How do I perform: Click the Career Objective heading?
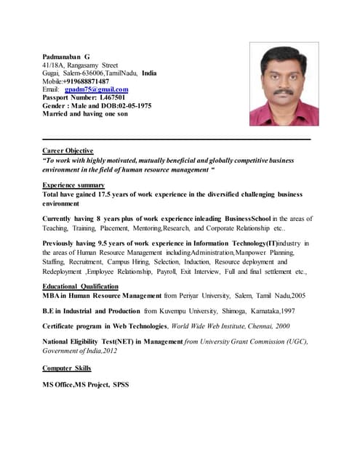pyautogui.click(x=68, y=150)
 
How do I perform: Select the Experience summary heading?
pyautogui.click(x=73, y=185)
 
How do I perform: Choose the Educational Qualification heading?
pyautogui.click(x=80, y=287)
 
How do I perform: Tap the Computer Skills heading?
pyautogui.click(x=67, y=368)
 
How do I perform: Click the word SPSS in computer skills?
pyautogui.click(x=120, y=384)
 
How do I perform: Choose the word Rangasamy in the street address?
pyautogui.click(x=83, y=65)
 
